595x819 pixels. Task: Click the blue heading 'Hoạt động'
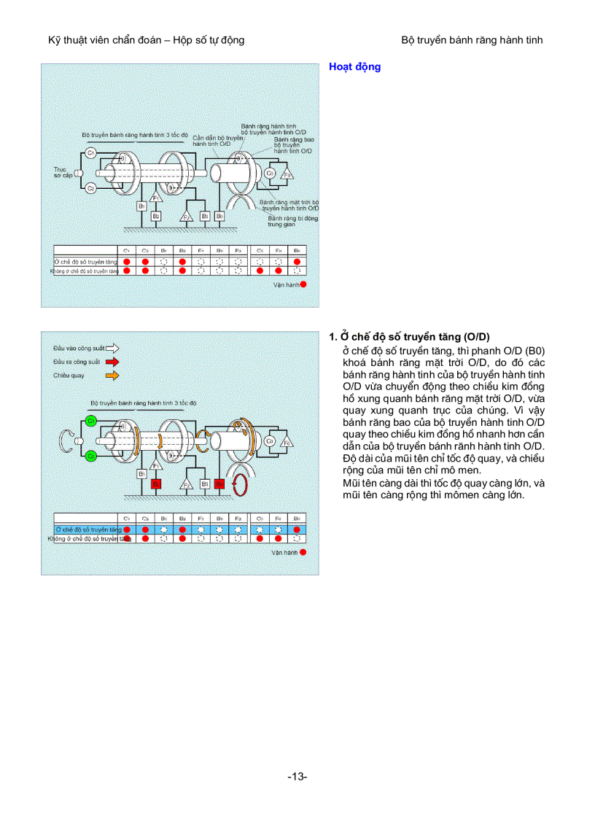coord(354,67)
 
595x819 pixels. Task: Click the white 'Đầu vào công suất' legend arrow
coord(112,348)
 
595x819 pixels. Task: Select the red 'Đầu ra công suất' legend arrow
coord(112,361)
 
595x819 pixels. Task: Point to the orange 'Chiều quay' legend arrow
coord(112,376)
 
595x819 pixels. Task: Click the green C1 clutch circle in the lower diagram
coord(91,422)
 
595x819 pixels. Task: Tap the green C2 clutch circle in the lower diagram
coord(91,456)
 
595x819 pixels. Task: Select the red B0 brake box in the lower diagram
coord(219,484)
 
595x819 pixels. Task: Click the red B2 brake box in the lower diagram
coord(155,484)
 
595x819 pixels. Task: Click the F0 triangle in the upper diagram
coord(287,174)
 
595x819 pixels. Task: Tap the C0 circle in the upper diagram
coord(270,174)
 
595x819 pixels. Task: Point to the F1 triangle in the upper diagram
coord(155,197)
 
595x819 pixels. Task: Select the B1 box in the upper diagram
coord(141,206)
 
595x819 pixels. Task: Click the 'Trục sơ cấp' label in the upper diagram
coord(61,172)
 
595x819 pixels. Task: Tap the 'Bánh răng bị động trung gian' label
coord(292,221)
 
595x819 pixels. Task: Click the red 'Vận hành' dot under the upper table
coord(303,284)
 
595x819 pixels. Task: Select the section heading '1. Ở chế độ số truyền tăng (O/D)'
coord(409,336)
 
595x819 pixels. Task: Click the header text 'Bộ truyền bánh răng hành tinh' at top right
coord(472,40)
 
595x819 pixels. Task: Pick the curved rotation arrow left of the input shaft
coord(66,439)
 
